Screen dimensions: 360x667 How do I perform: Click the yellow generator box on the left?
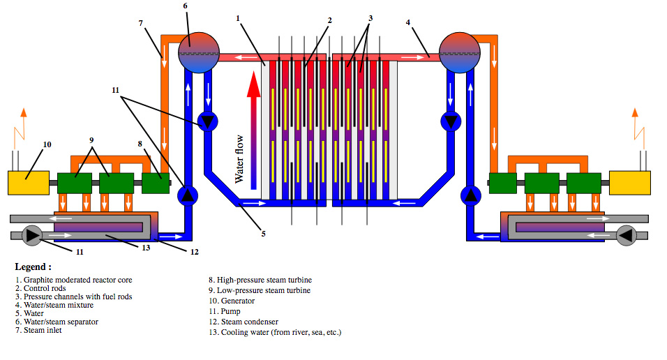pos(28,183)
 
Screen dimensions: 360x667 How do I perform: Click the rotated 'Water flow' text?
pos(239,160)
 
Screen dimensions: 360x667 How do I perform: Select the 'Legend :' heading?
pos(33,267)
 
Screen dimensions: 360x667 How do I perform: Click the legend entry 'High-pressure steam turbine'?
pos(264,280)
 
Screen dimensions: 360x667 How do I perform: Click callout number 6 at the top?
pos(186,6)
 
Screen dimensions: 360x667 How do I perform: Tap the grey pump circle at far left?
pos(31,236)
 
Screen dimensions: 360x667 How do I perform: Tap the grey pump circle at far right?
pos(625,236)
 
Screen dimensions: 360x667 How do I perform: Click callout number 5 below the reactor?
pos(263,234)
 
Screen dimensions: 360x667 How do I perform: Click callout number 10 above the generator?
pos(47,145)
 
